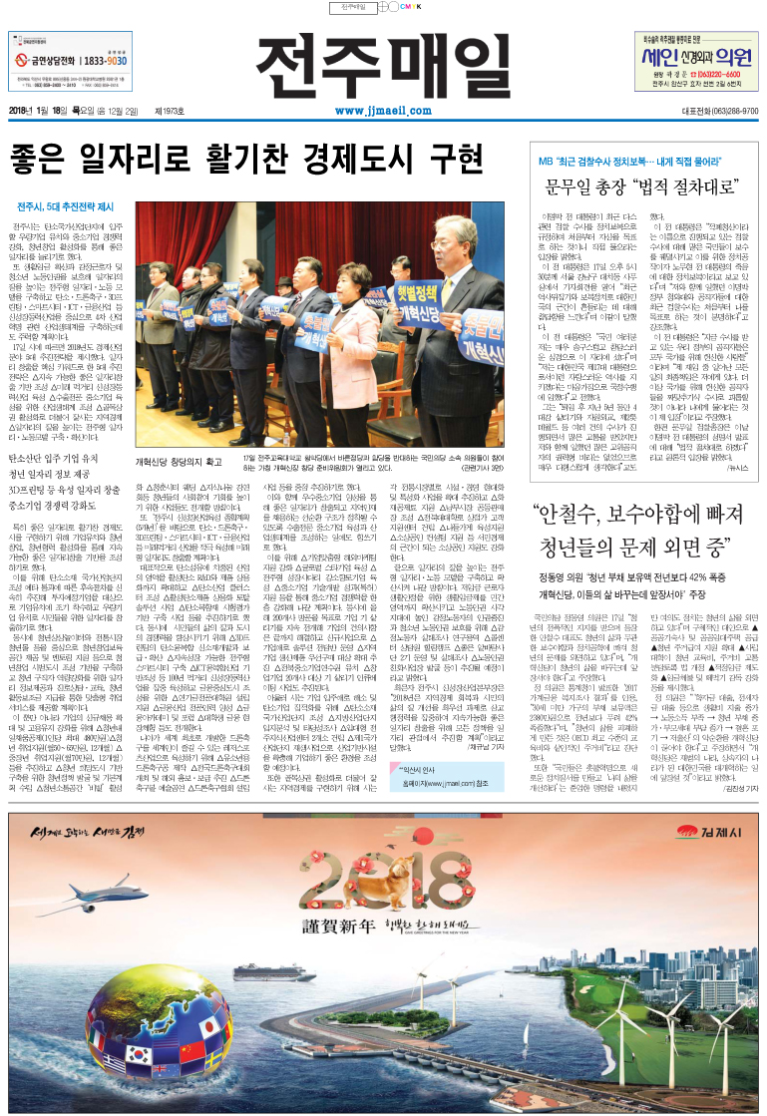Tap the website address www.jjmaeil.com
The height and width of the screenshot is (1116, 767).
point(382,111)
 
